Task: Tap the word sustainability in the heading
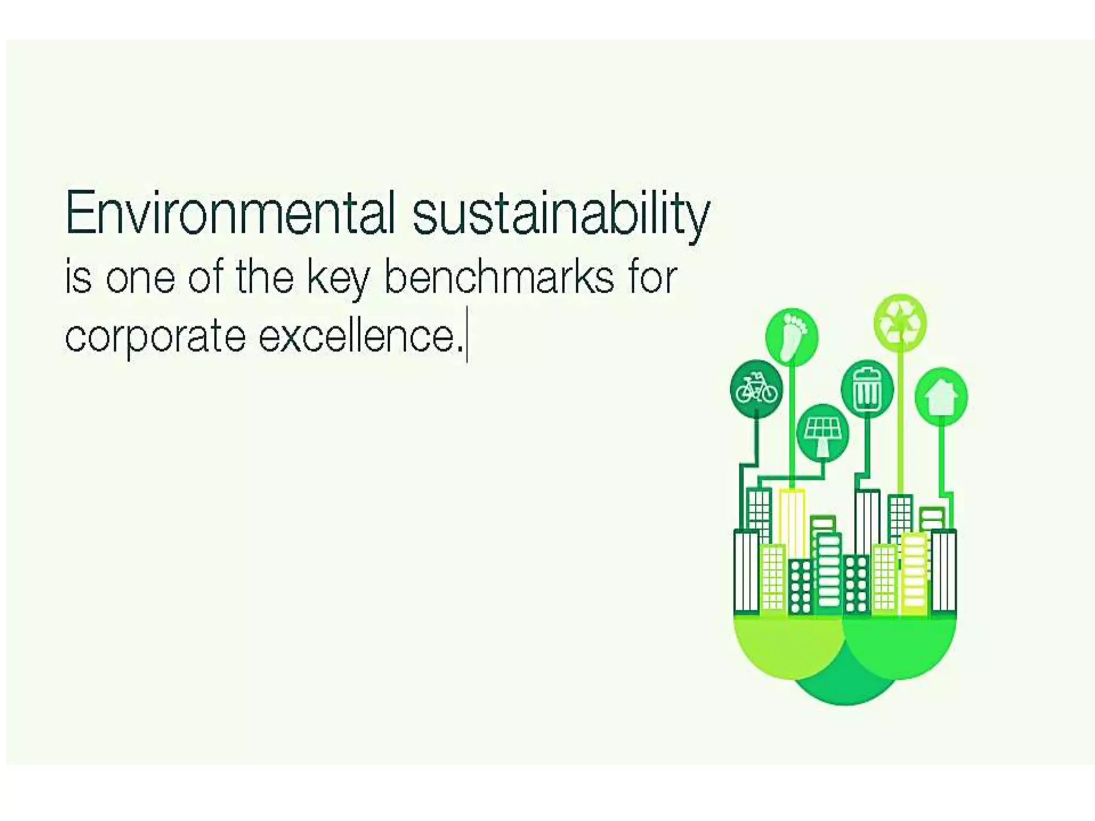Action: point(561,216)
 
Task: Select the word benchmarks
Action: point(499,278)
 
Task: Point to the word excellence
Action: point(359,337)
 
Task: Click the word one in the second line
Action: point(140,279)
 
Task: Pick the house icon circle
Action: point(941,396)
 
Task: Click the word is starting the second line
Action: point(78,278)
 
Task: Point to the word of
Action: point(205,278)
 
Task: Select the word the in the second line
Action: point(265,278)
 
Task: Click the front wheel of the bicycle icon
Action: point(769,394)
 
